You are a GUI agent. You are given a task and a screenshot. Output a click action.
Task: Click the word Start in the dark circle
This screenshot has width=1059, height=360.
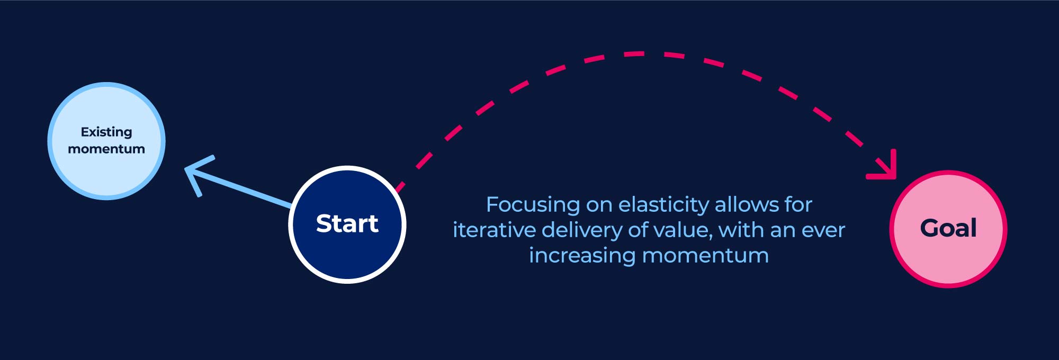[x=347, y=223]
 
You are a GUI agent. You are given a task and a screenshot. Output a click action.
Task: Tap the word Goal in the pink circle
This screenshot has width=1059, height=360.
[x=948, y=228]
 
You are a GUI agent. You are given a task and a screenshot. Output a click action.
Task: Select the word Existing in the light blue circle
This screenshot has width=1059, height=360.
[x=106, y=132]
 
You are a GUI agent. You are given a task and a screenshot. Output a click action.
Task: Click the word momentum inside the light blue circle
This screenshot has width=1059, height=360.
[x=106, y=149]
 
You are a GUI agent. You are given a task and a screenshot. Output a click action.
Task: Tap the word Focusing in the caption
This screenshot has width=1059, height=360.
[x=533, y=205]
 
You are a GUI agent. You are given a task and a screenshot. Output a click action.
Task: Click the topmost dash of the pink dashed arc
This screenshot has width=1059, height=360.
[x=634, y=54]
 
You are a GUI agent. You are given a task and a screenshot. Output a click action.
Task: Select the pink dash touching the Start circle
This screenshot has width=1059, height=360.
[x=400, y=187]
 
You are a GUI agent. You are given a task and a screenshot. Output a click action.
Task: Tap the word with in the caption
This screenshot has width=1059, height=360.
[x=741, y=230]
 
